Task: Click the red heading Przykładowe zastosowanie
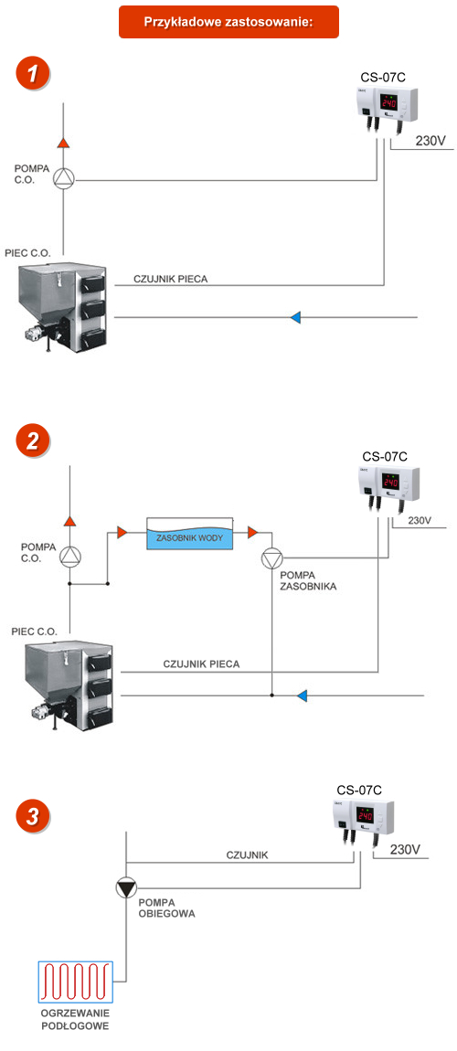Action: pyautogui.click(x=228, y=21)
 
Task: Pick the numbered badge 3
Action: pyautogui.click(x=33, y=816)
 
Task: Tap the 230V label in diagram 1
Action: pyautogui.click(x=430, y=142)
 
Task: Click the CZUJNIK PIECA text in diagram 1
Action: pyautogui.click(x=170, y=279)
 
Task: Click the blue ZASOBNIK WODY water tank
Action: pyautogui.click(x=189, y=535)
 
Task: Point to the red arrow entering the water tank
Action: pyautogui.click(x=122, y=532)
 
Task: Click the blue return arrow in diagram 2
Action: pyautogui.click(x=303, y=695)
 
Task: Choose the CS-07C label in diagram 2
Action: pyautogui.click(x=385, y=456)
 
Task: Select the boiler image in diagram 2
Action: pyautogui.click(x=69, y=684)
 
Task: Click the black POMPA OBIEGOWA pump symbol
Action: pyautogui.click(x=125, y=889)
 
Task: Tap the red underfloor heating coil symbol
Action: pyautogui.click(x=76, y=982)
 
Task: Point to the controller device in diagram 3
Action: pyautogui.click(x=363, y=821)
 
